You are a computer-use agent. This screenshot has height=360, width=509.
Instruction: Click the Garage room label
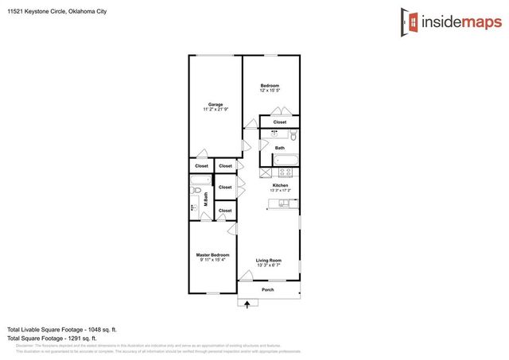point(215,104)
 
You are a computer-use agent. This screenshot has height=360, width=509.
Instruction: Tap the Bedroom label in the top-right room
point(270,85)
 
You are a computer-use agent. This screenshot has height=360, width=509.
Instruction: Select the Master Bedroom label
point(212,255)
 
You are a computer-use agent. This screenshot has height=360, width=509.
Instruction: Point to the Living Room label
point(269,260)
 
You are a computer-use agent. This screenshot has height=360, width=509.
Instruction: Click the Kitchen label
point(280,185)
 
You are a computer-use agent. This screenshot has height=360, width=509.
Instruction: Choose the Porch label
point(268,290)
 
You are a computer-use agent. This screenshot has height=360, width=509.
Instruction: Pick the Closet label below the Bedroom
point(280,122)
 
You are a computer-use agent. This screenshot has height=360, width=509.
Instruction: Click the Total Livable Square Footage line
point(62,329)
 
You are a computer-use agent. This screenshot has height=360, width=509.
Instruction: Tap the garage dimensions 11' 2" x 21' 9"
point(215,109)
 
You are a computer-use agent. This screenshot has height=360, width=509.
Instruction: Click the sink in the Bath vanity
point(276,134)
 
